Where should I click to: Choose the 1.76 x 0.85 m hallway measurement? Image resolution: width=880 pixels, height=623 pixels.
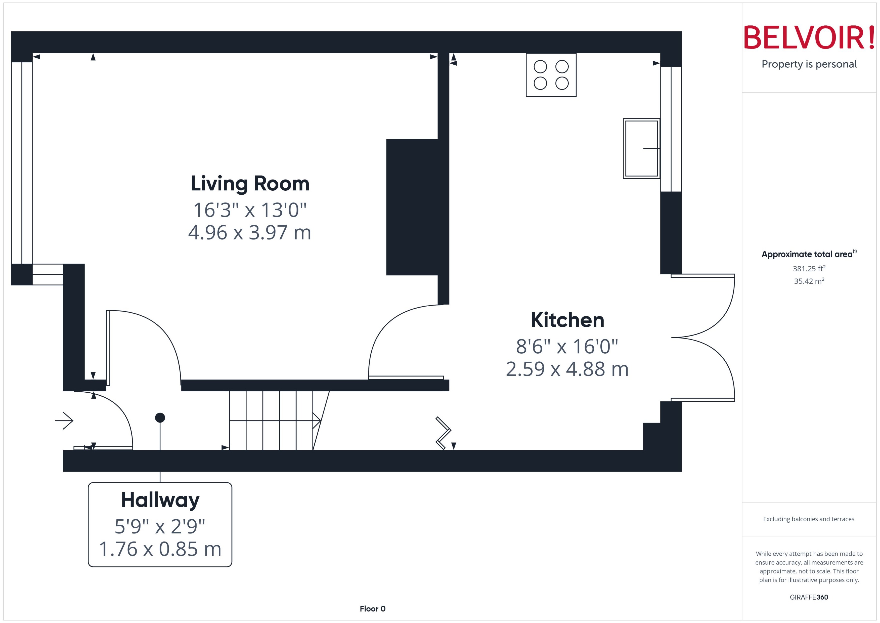[160, 549]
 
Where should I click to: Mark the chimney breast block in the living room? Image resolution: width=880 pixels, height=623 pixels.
[412, 207]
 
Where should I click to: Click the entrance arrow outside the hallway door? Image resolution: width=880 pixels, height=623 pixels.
[64, 421]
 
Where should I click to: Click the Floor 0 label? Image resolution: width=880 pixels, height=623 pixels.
[372, 609]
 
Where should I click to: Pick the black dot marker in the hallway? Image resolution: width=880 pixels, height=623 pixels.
[160, 418]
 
